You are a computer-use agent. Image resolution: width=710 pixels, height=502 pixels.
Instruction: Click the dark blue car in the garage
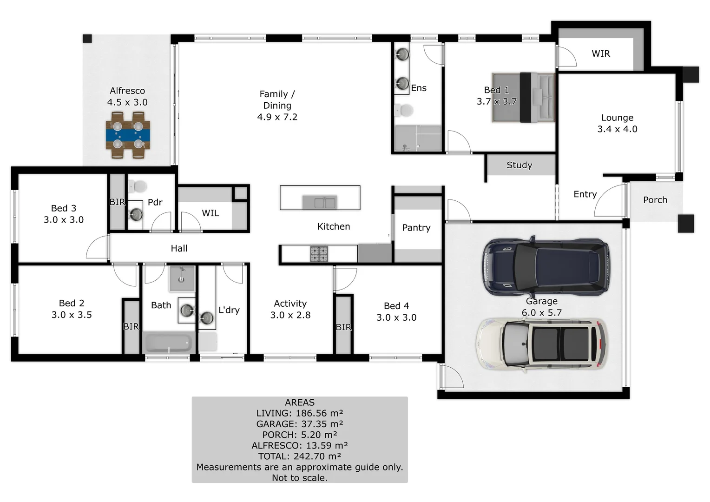(546, 266)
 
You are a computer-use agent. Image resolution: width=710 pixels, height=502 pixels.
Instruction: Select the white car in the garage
(541, 344)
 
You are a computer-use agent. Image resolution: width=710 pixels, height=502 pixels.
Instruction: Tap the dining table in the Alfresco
(128, 135)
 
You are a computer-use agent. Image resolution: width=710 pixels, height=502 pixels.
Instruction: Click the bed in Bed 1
(524, 98)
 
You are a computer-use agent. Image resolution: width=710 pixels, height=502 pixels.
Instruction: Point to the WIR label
(600, 54)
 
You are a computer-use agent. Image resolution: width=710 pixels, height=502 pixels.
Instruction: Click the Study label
(519, 165)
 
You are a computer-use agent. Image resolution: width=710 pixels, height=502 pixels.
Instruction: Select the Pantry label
(416, 228)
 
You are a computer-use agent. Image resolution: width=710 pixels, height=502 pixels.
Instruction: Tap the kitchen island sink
(320, 203)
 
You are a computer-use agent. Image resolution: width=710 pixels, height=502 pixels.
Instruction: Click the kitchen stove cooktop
(319, 254)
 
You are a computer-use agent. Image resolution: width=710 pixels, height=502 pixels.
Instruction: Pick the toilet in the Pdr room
(138, 187)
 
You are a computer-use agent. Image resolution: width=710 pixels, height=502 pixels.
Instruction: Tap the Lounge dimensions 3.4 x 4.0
(617, 129)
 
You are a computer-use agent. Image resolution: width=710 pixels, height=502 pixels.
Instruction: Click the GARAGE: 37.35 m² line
(300, 424)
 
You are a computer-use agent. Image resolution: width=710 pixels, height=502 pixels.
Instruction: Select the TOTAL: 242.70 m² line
(300, 456)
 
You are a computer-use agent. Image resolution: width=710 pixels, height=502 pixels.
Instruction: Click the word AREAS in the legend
(300, 403)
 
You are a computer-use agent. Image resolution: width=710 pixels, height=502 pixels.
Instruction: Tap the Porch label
(655, 200)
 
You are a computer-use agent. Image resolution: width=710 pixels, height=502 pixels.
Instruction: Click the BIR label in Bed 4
(343, 327)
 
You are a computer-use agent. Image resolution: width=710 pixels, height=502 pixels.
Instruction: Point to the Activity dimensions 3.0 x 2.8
(290, 315)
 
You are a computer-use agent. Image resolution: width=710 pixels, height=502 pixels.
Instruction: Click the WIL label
(210, 213)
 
